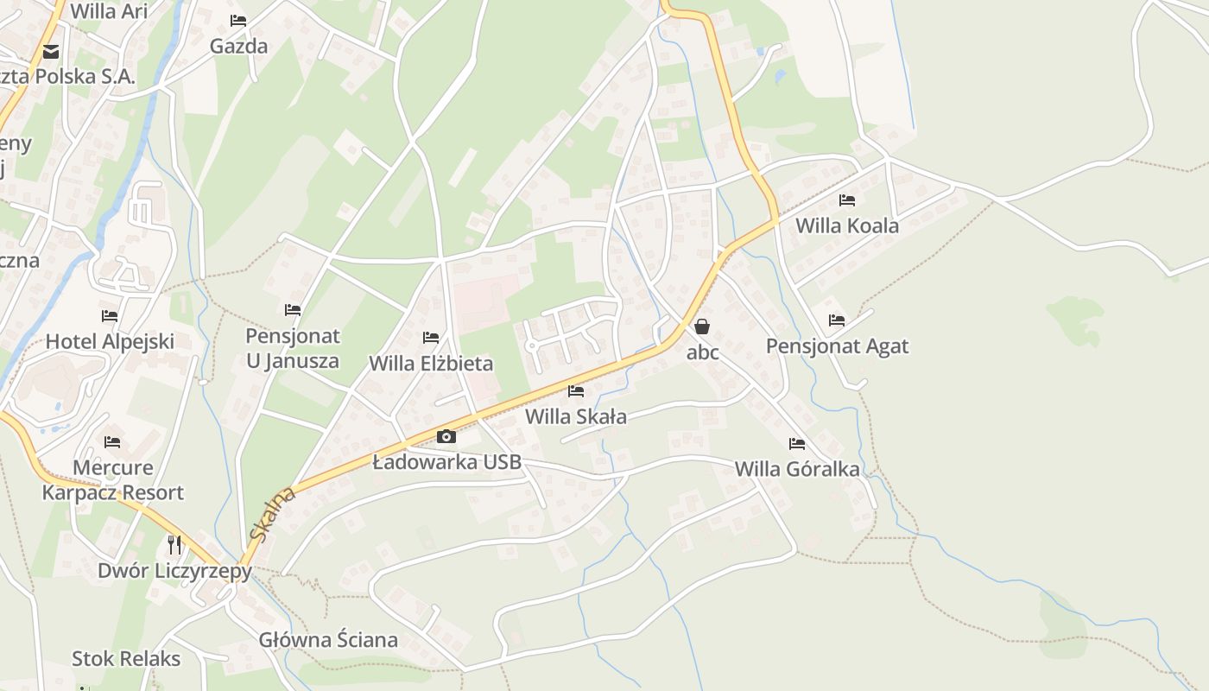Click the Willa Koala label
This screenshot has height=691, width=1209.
coord(846,226)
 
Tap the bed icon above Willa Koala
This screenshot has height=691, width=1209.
coord(847,200)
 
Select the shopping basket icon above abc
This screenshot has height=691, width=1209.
coord(702,326)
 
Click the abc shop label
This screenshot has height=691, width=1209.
coord(702,352)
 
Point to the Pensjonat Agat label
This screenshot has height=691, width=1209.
coord(837,346)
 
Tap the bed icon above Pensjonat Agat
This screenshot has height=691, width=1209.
coord(837,320)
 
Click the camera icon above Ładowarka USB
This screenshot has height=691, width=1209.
coord(446,436)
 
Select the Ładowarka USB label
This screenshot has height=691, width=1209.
coord(446,462)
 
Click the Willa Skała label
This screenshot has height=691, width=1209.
coord(576,416)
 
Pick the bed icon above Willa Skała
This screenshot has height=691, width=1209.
coord(576,391)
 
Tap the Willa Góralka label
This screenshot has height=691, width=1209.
coord(797,469)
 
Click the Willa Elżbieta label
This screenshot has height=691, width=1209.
coord(431,364)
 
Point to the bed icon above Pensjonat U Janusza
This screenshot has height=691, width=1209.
coord(293,309)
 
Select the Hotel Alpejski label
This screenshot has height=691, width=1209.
coord(110,341)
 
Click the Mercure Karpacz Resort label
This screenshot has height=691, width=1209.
coord(112,480)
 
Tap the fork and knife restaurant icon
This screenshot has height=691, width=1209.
coord(174,544)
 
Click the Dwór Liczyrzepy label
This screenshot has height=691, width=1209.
coord(174,571)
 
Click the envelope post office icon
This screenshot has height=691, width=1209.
coord(51,52)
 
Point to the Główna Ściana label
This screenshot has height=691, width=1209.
coord(328,640)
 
